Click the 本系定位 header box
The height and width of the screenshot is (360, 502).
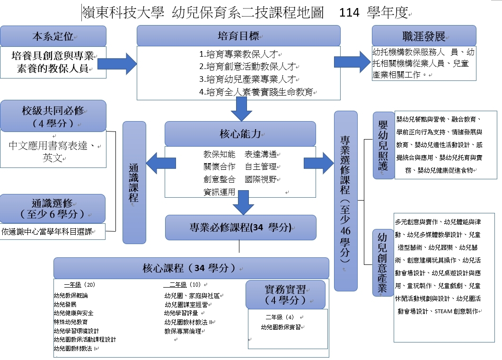pos(53,36)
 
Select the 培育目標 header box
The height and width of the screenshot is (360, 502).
pos(238,36)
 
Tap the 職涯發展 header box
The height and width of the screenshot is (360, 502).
pos(423,36)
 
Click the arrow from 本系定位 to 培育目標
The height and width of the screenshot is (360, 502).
pos(122,62)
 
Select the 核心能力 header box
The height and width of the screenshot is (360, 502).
pos(240,134)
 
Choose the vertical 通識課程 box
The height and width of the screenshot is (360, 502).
pos(134,182)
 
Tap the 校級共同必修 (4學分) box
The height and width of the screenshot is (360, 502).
pos(53,115)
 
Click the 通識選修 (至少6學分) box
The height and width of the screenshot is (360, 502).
pos(53,208)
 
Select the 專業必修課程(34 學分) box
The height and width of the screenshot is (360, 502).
pos(240,228)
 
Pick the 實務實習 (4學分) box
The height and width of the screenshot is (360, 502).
pos(285,294)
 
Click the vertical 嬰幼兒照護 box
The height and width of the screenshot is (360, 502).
pos(383,146)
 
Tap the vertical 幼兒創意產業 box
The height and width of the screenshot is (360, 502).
pos(383,262)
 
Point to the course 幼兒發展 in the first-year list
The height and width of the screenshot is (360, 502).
pos(65,304)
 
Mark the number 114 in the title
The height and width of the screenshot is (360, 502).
pos(349,13)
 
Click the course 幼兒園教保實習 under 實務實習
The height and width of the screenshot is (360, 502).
pos(281,327)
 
